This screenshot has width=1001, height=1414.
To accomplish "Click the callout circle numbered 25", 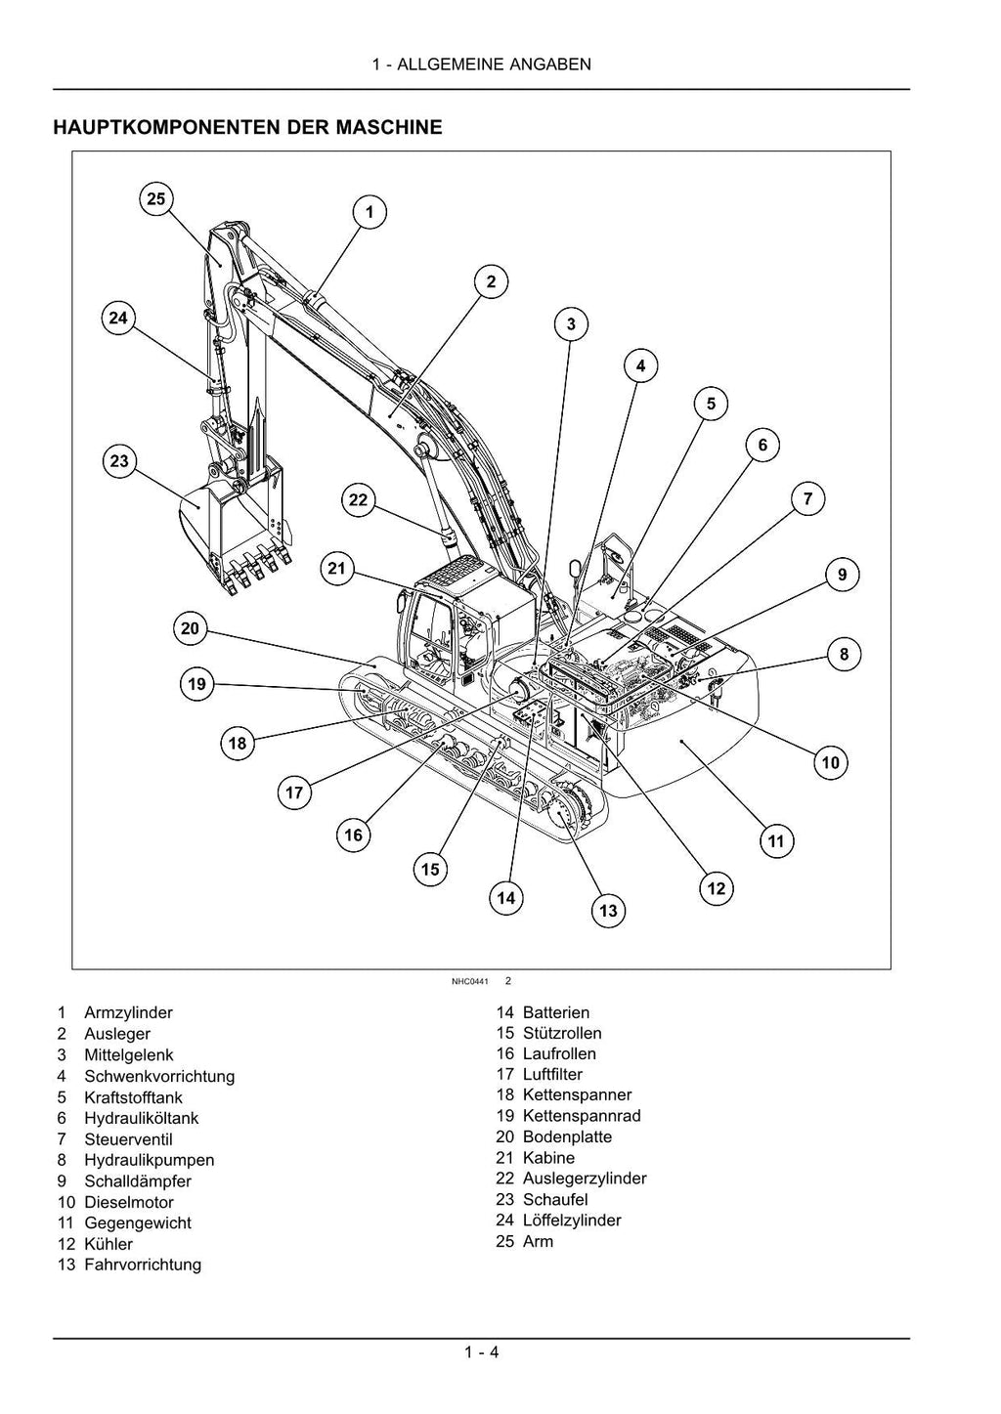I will [155, 199].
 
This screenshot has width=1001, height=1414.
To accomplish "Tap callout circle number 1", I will [370, 212].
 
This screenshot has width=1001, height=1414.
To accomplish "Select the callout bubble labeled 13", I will [608, 911].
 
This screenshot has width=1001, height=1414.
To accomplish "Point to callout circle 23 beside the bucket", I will [119, 461].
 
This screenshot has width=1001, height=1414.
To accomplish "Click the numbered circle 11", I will [776, 841].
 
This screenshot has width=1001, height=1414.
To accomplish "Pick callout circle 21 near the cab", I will [337, 570].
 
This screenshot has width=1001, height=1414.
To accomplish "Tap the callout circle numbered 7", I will [807, 499].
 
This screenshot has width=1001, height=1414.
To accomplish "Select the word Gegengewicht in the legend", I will [137, 1222].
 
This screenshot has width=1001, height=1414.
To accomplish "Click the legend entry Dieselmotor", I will [128, 1202].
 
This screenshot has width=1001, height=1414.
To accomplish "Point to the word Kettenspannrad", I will [582, 1116].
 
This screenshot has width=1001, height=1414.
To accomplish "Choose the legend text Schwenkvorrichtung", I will [159, 1076].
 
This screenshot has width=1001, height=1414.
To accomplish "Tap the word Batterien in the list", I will [556, 1012].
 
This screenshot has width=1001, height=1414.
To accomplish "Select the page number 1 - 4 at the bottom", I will [482, 1352].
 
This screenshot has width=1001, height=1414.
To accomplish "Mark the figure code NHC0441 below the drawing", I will [469, 980].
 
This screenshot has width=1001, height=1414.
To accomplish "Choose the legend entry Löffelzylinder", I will [572, 1220].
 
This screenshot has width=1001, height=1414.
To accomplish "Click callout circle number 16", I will [354, 835].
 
